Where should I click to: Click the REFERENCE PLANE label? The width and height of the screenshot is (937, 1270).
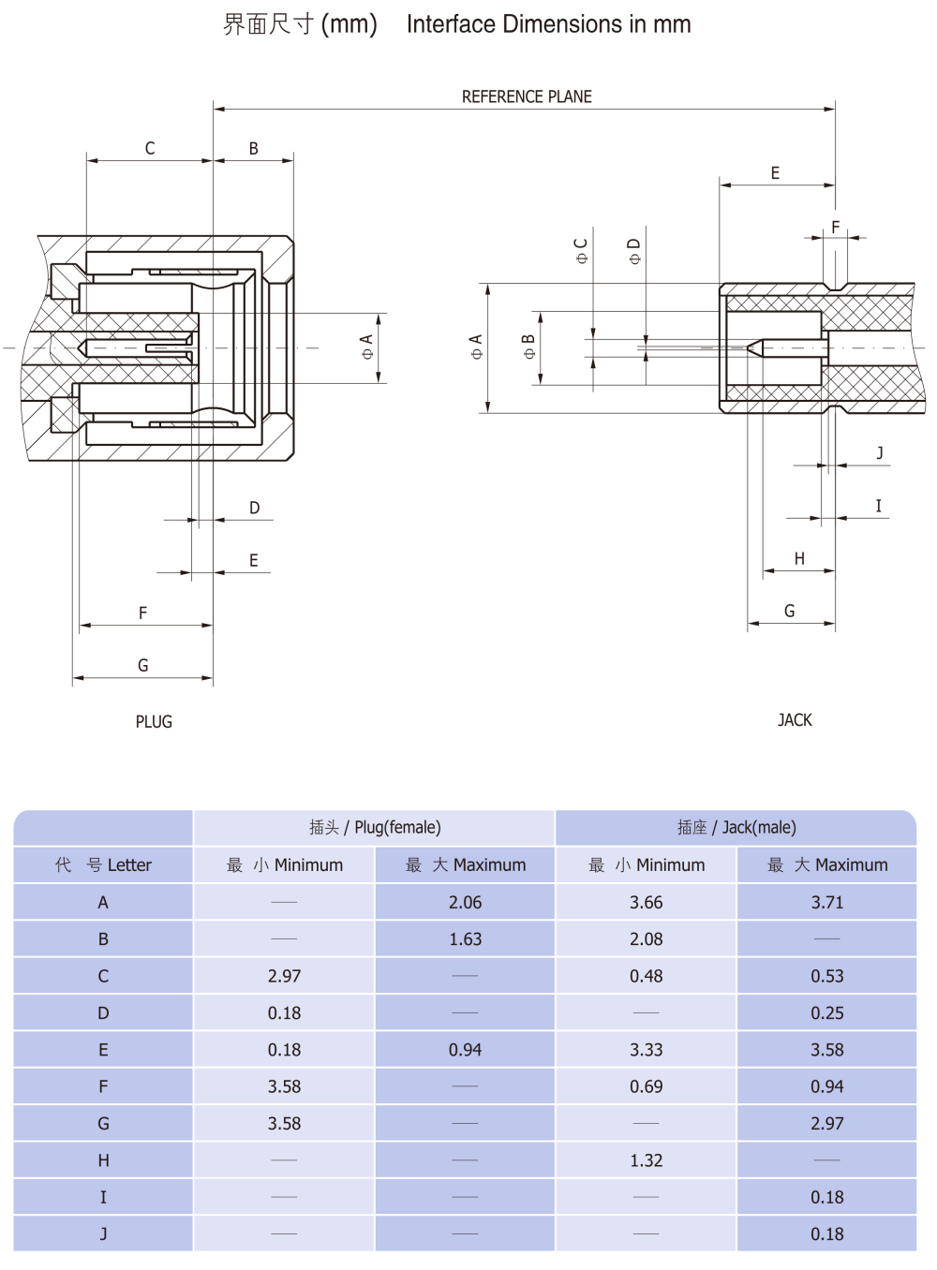527,96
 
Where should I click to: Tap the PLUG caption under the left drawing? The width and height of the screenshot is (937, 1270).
154,722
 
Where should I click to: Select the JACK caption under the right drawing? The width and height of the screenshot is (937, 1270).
795,720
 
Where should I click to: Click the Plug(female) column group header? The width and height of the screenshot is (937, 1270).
375,827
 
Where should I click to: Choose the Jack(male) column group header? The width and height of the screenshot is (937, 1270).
736,827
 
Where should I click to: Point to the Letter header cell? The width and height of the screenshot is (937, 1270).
103,864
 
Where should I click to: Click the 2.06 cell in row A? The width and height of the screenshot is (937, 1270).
465,902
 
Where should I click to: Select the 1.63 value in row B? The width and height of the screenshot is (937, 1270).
465,939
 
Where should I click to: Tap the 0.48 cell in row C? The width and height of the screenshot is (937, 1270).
646,976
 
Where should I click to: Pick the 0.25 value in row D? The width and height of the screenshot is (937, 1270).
826,1013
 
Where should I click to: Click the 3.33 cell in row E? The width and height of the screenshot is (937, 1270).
646,1050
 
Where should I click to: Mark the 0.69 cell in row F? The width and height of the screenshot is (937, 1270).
646,1086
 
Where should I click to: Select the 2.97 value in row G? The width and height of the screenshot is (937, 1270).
826,1124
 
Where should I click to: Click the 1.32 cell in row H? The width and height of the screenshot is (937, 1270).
646,1160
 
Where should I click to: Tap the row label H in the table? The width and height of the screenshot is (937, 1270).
103,1160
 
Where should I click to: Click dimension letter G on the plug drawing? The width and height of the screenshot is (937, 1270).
143,665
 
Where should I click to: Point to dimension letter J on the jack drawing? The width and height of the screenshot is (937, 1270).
879,453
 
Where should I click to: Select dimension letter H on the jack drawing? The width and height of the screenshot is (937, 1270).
799,558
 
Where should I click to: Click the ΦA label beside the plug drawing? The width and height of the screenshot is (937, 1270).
366,347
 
